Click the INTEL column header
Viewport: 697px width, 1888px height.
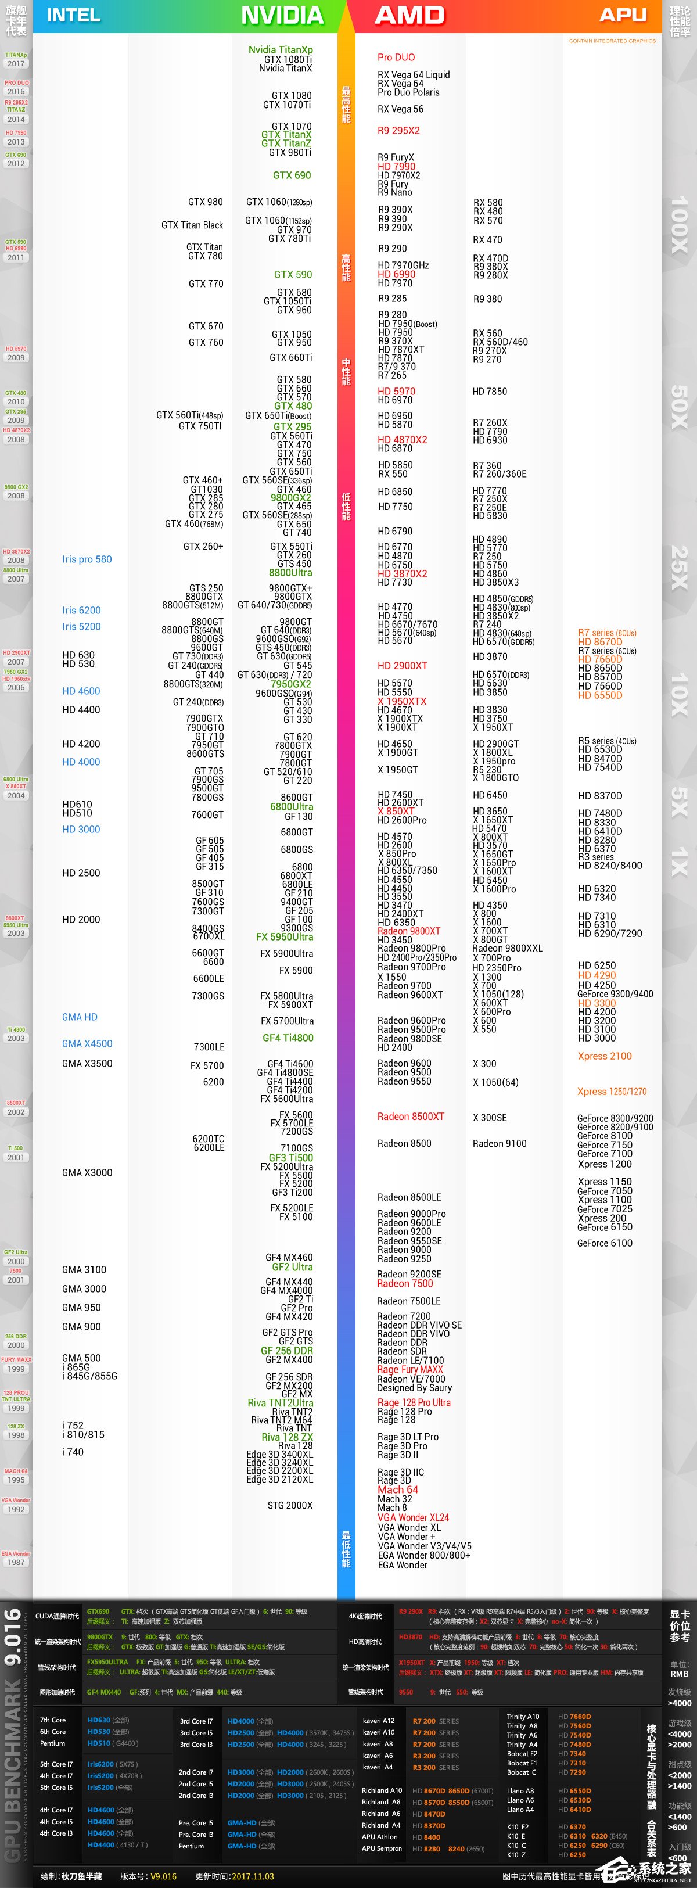(x=73, y=15)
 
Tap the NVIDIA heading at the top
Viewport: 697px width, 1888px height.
(x=282, y=15)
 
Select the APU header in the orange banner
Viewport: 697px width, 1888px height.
(x=623, y=15)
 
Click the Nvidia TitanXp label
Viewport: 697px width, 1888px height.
(x=280, y=50)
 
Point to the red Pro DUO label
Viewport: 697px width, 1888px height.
(x=396, y=57)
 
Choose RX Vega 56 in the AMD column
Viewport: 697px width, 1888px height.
(x=400, y=109)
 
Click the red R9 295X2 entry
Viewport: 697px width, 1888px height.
(x=398, y=131)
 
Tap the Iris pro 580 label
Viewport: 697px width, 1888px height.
(x=87, y=559)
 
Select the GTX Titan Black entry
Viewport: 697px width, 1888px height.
(x=192, y=225)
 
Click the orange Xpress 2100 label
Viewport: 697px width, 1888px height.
(x=604, y=1056)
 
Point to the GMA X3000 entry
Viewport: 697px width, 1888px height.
(x=87, y=1173)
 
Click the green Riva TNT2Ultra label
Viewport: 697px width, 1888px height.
(x=280, y=1403)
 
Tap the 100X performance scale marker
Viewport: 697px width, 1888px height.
(x=680, y=224)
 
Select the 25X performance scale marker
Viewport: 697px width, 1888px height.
(x=680, y=568)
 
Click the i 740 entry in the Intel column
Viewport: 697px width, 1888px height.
(x=73, y=1452)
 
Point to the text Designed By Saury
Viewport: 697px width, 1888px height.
(x=414, y=1387)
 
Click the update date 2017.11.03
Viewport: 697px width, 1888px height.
(x=253, y=1876)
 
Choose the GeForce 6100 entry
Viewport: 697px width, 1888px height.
(x=604, y=1243)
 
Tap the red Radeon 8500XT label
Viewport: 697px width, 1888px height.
(x=411, y=1116)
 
